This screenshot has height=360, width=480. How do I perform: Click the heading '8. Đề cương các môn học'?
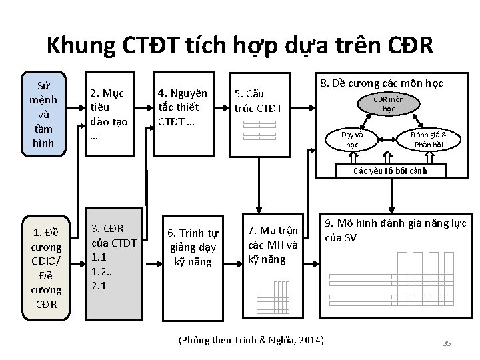point(381,84)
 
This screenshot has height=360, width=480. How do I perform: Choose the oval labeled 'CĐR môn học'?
point(389,104)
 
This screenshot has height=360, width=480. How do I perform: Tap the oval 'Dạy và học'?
point(351,139)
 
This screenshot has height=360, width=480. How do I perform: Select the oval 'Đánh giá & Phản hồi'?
point(429,139)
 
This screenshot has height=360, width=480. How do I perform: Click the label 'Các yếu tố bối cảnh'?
point(390,171)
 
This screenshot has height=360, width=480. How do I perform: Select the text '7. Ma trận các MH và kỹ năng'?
point(273,243)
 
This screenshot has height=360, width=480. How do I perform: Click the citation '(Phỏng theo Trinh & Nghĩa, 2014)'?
point(252,341)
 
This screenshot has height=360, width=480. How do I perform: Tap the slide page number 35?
point(447,343)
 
